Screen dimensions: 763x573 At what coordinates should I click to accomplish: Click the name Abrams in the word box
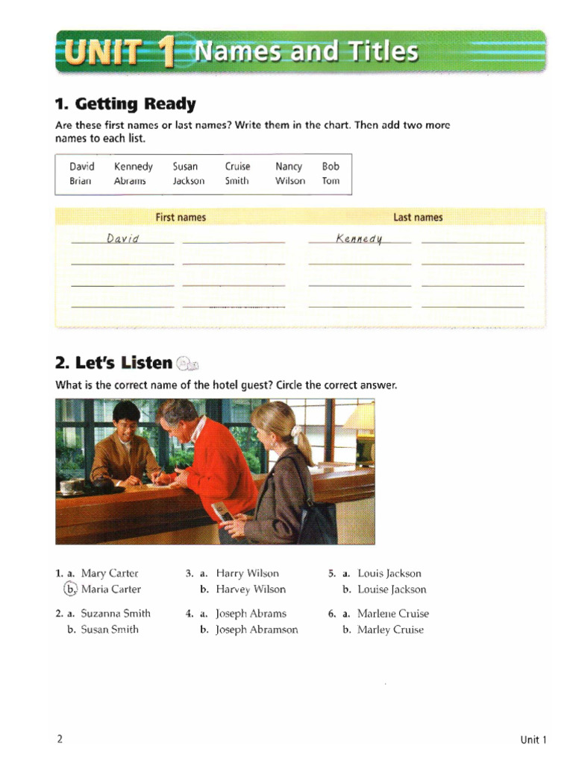click(130, 181)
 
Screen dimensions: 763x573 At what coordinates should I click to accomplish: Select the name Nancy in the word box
click(289, 167)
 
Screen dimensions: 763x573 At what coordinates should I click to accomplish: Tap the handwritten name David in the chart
click(123, 238)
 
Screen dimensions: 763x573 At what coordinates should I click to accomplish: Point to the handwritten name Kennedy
click(359, 238)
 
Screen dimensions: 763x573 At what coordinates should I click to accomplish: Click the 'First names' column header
click(181, 218)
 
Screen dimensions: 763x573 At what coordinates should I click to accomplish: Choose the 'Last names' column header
click(418, 218)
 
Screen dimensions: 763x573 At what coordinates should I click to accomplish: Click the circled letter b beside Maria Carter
click(70, 589)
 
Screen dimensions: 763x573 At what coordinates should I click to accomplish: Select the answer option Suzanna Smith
click(116, 614)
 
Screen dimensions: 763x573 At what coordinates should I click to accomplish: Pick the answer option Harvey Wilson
click(251, 589)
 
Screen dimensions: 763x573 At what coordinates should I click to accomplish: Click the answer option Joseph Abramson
click(257, 630)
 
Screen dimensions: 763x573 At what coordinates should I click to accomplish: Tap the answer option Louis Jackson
click(389, 574)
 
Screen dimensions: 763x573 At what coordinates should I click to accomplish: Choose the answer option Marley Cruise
click(390, 630)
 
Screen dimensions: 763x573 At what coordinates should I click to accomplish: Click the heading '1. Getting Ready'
click(125, 104)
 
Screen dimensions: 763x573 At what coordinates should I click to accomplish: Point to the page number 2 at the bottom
click(59, 739)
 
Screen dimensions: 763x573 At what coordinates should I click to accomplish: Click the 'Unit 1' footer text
click(533, 740)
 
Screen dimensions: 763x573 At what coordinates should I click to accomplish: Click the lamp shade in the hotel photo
click(360, 417)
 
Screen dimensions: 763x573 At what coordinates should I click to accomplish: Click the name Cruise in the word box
click(237, 167)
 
